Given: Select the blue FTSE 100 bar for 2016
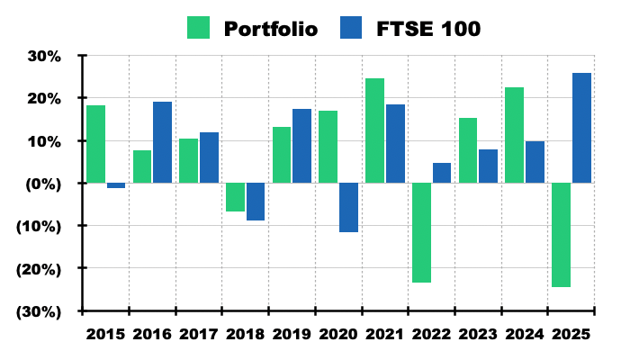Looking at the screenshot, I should (162, 142).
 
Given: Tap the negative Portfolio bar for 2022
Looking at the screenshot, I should (421, 232).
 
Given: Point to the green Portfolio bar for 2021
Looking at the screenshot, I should (374, 130).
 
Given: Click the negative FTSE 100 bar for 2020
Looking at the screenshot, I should (348, 207).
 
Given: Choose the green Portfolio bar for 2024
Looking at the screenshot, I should (514, 135).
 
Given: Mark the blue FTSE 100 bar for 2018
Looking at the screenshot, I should (256, 202).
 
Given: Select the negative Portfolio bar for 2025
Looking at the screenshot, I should (561, 235).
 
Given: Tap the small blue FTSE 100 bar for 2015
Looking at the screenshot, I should (116, 185).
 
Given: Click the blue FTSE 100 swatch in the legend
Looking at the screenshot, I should (352, 28).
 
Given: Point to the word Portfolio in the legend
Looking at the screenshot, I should (270, 29).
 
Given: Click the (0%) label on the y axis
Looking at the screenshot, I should (40, 184).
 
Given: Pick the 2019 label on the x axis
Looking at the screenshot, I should (292, 334).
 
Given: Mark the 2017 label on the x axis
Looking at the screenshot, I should (199, 334).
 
